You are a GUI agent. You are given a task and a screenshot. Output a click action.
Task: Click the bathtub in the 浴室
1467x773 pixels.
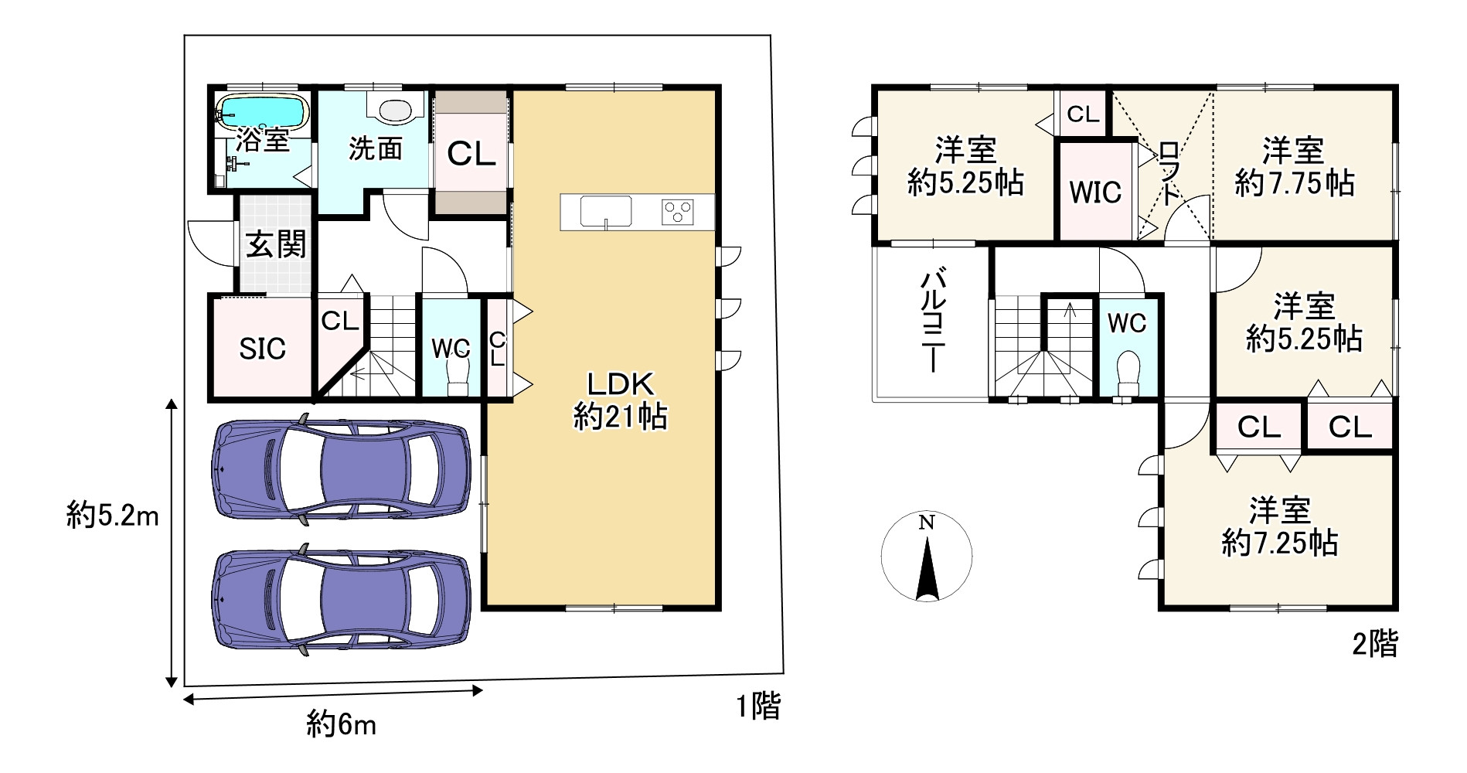(262, 112)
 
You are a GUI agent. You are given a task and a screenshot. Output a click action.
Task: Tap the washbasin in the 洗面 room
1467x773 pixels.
(395, 111)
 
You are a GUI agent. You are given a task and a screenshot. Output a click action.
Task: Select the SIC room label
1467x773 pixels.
(262, 349)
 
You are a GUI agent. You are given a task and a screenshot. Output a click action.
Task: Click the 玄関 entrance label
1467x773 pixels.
(276, 244)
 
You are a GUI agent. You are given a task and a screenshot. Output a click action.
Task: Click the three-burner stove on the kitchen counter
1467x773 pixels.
(678, 211)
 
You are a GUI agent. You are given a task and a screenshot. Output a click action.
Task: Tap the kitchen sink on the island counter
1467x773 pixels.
(606, 210)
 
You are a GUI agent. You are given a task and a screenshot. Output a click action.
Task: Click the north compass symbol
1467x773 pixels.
(927, 557)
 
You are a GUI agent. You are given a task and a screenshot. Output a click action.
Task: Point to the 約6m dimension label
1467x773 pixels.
(341, 724)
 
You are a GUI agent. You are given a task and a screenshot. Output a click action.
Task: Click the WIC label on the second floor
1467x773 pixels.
(1095, 192)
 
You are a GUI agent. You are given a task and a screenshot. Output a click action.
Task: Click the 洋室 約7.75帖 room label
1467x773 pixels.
(1294, 166)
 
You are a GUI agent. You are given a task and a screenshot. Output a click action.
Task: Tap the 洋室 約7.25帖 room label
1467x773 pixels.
(1280, 527)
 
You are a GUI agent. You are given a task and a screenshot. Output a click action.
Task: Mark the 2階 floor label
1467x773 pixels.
(1375, 643)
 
